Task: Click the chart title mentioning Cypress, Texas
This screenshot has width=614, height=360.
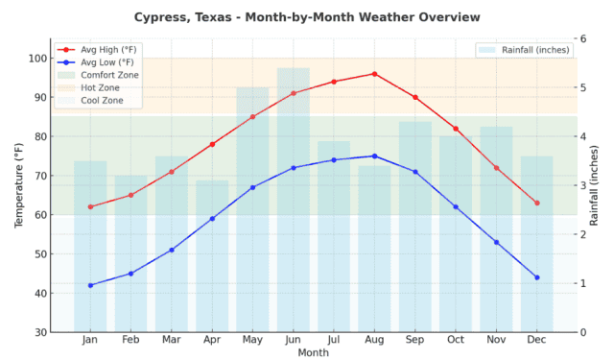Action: [x=307, y=17]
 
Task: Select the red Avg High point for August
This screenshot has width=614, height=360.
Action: [x=374, y=74]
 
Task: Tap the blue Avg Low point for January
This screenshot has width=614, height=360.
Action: [x=90, y=285]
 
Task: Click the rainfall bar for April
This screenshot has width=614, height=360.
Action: [x=212, y=256]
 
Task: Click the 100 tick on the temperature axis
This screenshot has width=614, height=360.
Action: [x=37, y=59]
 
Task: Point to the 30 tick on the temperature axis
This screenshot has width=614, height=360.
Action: [x=40, y=332]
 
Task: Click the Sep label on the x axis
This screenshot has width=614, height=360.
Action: [x=414, y=341]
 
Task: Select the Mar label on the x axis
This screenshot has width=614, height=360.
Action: [x=172, y=341]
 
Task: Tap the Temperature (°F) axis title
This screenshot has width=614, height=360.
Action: [x=18, y=184]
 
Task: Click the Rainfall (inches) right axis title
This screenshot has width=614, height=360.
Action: [x=595, y=184]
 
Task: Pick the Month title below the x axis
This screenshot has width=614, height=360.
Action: [x=313, y=352]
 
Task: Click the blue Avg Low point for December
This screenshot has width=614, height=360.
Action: [x=537, y=277]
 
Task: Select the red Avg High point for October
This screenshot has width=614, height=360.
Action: [x=456, y=129]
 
